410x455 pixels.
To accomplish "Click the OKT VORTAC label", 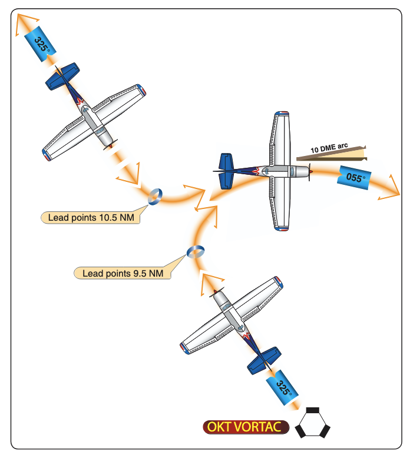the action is click(x=246, y=427).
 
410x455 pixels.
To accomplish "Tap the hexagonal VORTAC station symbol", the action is click(x=313, y=423).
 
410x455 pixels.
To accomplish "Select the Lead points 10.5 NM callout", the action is click(x=91, y=217).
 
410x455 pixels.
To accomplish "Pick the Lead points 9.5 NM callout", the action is click(x=123, y=273).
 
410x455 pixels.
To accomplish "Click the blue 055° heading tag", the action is click(x=354, y=178).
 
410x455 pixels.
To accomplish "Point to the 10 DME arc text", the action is click(x=329, y=148).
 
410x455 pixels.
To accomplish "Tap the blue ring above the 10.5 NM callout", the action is click(x=155, y=197).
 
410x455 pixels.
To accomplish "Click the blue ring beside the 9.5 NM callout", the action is click(x=196, y=251).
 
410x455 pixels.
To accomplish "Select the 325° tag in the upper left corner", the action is click(x=40, y=44).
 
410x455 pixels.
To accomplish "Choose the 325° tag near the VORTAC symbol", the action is click(x=282, y=387).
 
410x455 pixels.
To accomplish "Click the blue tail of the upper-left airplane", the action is click(x=62, y=76).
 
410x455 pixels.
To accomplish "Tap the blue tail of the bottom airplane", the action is click(x=264, y=360).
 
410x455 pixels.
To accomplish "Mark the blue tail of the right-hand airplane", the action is click(x=226, y=171).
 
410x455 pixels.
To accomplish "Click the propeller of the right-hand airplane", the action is click(x=310, y=172).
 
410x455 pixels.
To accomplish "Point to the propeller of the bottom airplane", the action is click(x=216, y=291).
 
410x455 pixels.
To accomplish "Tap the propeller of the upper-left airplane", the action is click(x=111, y=145).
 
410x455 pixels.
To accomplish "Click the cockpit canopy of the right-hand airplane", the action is click(x=266, y=171).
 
